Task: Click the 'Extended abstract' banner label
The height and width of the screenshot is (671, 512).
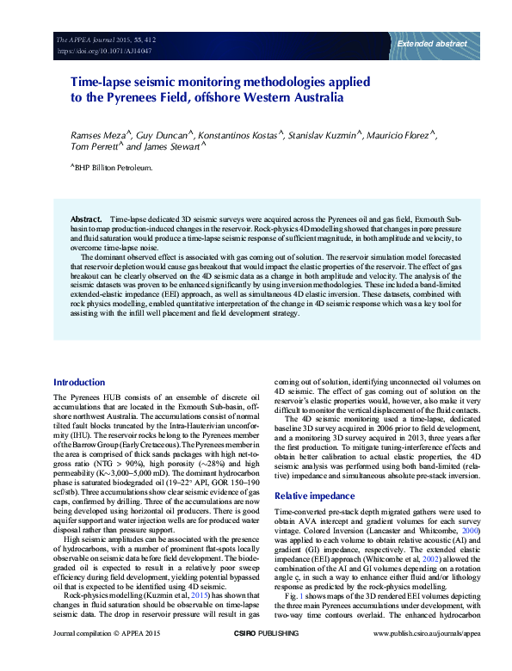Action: pos(431,42)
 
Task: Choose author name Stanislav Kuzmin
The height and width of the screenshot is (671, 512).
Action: pos(324,135)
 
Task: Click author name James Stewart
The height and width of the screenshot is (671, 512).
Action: pos(171,147)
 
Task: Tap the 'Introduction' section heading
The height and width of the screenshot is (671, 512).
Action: pos(79,382)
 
